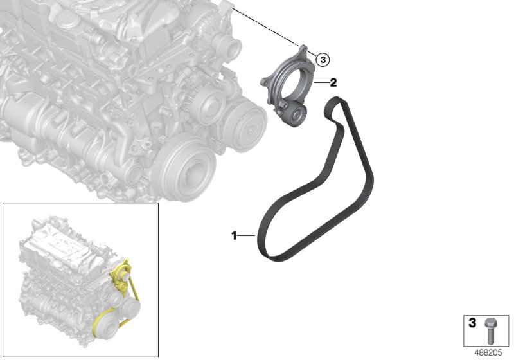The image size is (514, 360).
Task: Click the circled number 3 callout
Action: pos(323,60)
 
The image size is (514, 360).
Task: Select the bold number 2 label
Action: pos(333,82)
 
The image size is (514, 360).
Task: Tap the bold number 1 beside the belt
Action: pos(235,236)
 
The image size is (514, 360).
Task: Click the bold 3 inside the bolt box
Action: pos(472,322)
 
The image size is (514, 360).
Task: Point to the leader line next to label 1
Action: pos(247,237)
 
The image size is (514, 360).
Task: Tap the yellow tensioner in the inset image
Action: pos(122,273)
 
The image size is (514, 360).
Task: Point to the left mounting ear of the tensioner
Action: pos(265,82)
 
